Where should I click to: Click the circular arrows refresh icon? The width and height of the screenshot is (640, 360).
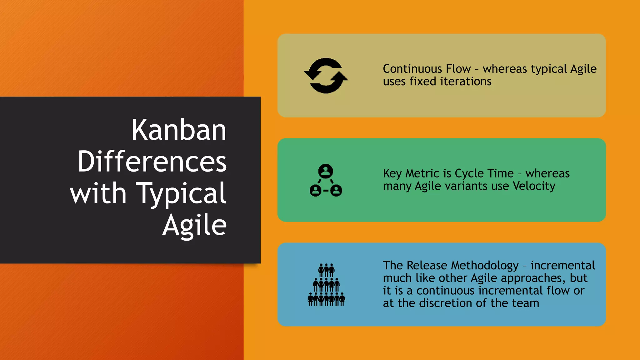pos(326,76)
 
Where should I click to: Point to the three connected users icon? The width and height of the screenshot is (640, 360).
pos(326,180)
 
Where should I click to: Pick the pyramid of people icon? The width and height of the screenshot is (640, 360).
pos(326,285)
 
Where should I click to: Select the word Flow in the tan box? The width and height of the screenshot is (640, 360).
pos(458,69)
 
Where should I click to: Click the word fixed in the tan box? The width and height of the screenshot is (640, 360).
pos(423,82)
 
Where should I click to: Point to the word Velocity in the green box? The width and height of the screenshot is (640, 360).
pos(534,186)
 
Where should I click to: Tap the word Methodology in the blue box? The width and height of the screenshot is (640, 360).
pos(485,266)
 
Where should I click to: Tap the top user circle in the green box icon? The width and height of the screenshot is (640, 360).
pos(326,171)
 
